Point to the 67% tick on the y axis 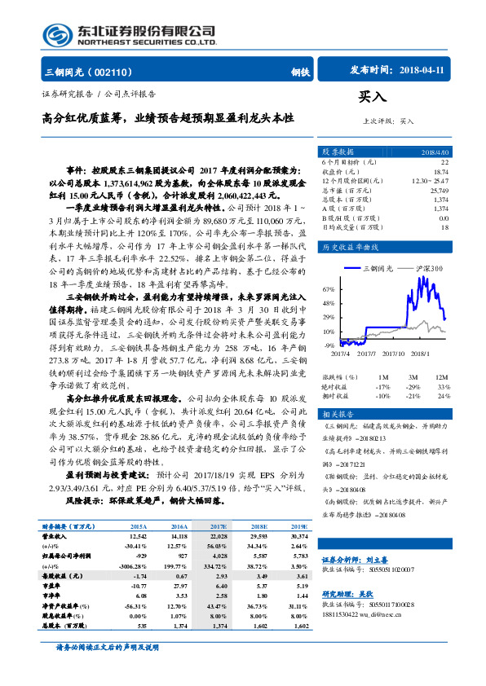tap(329, 289)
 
